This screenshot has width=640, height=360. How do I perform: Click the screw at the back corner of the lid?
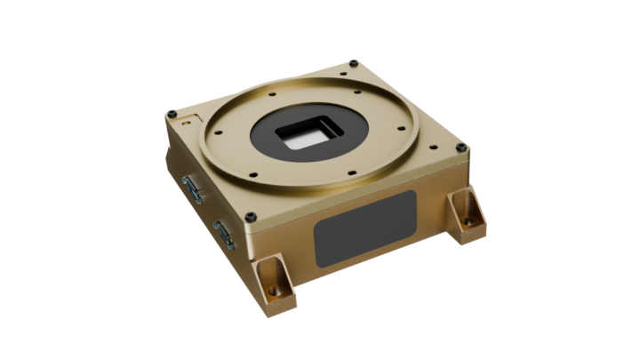click(x=354, y=62)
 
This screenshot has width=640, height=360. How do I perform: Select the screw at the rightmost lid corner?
click(x=459, y=147)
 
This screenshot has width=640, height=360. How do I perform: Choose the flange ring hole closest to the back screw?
click(x=356, y=89)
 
